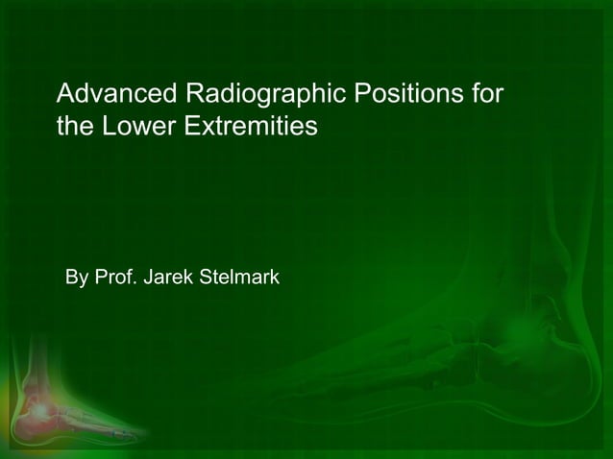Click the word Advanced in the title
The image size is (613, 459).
115,95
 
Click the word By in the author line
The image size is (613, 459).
77,279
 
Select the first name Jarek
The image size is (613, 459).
169,278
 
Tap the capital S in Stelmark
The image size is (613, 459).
202,278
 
